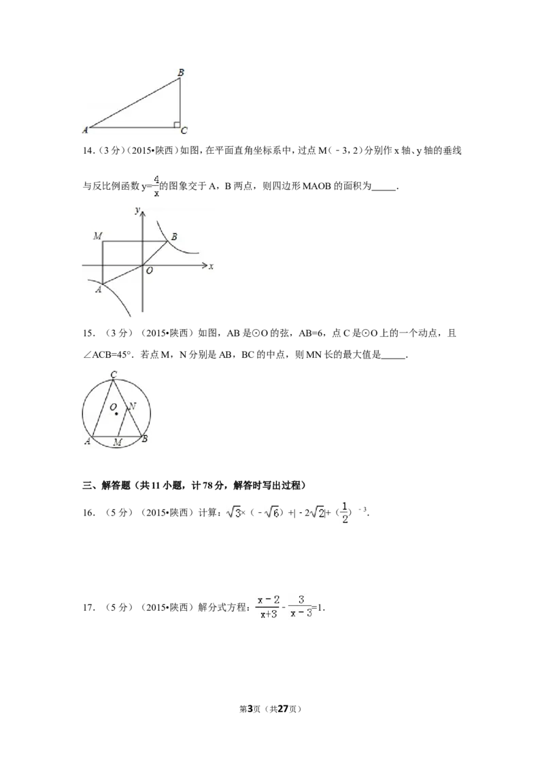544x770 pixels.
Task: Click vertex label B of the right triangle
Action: (181, 71)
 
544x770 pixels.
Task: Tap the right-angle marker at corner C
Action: (176, 124)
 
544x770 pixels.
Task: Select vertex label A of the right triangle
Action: (85, 130)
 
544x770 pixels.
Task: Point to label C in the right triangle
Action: (184, 131)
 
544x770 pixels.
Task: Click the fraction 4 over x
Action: (156, 185)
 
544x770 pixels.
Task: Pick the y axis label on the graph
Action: (137, 211)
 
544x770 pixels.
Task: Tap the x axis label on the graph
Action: (211, 266)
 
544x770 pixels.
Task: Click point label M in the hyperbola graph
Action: (98, 236)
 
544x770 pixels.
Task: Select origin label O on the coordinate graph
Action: (149, 271)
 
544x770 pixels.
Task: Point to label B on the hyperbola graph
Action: (174, 237)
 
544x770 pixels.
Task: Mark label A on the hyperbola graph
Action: (98, 289)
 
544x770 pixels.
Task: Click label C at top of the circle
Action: (114, 374)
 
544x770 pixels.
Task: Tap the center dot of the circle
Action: (116, 413)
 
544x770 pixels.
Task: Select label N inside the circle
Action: (132, 407)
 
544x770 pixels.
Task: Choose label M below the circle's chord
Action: (118, 443)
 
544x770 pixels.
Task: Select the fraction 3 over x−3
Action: (301, 606)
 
